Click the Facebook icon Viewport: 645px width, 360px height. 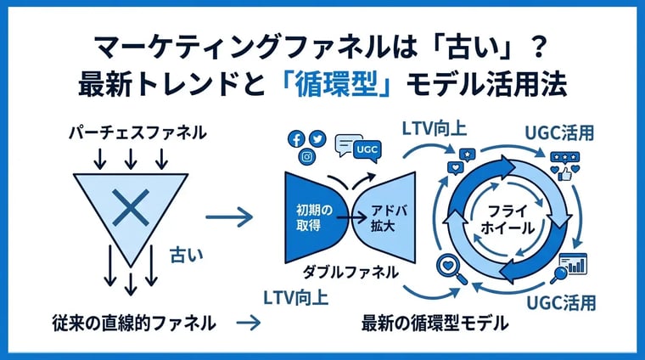click(296, 139)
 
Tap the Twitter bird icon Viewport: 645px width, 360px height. click(317, 138)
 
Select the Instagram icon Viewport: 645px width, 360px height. click(307, 157)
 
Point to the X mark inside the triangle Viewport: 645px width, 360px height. click(131, 207)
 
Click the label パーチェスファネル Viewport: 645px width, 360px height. click(137, 133)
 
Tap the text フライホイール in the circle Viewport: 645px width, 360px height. click(508, 220)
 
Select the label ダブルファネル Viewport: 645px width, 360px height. click(351, 273)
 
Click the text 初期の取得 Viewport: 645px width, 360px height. click(314, 217)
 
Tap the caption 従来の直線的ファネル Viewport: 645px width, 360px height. click(134, 323)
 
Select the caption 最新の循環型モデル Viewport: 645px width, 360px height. click(435, 323)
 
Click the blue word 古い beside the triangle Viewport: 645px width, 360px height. click(187, 255)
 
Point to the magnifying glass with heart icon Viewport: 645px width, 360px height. click(452, 269)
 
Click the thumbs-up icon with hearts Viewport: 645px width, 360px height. click(565, 166)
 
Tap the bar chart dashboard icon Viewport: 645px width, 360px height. click(570, 267)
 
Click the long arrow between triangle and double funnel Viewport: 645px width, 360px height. click(229, 217)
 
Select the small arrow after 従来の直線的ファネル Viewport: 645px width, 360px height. click(249, 323)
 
